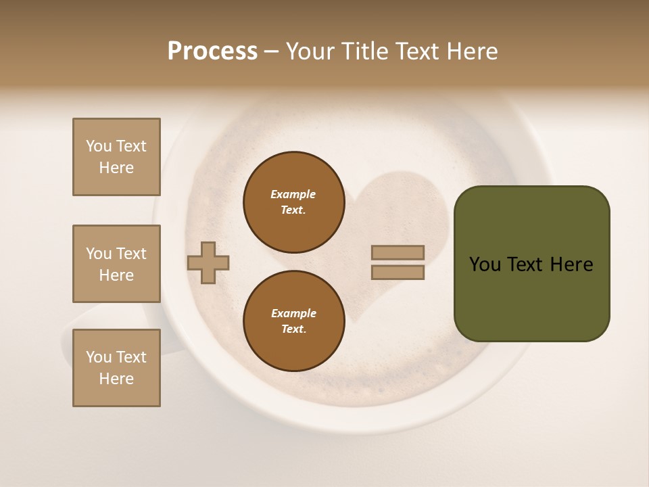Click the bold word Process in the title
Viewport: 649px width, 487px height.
212,51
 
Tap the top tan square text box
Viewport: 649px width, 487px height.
116,157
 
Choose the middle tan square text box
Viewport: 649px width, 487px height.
116,264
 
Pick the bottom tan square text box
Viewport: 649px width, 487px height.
116,368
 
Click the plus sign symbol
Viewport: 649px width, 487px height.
208,262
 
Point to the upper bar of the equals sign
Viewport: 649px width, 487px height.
398,252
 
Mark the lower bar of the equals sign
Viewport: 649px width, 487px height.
398,273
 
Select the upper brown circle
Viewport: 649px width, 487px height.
293,202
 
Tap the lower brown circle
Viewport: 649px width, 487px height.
293,321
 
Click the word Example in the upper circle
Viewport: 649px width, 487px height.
293,194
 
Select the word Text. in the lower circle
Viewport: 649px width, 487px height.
293,329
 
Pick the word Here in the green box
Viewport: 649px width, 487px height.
571,264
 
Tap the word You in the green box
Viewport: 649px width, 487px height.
485,264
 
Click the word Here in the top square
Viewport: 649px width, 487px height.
116,168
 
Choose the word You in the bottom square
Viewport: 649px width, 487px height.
99,357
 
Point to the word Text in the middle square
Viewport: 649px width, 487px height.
131,254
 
